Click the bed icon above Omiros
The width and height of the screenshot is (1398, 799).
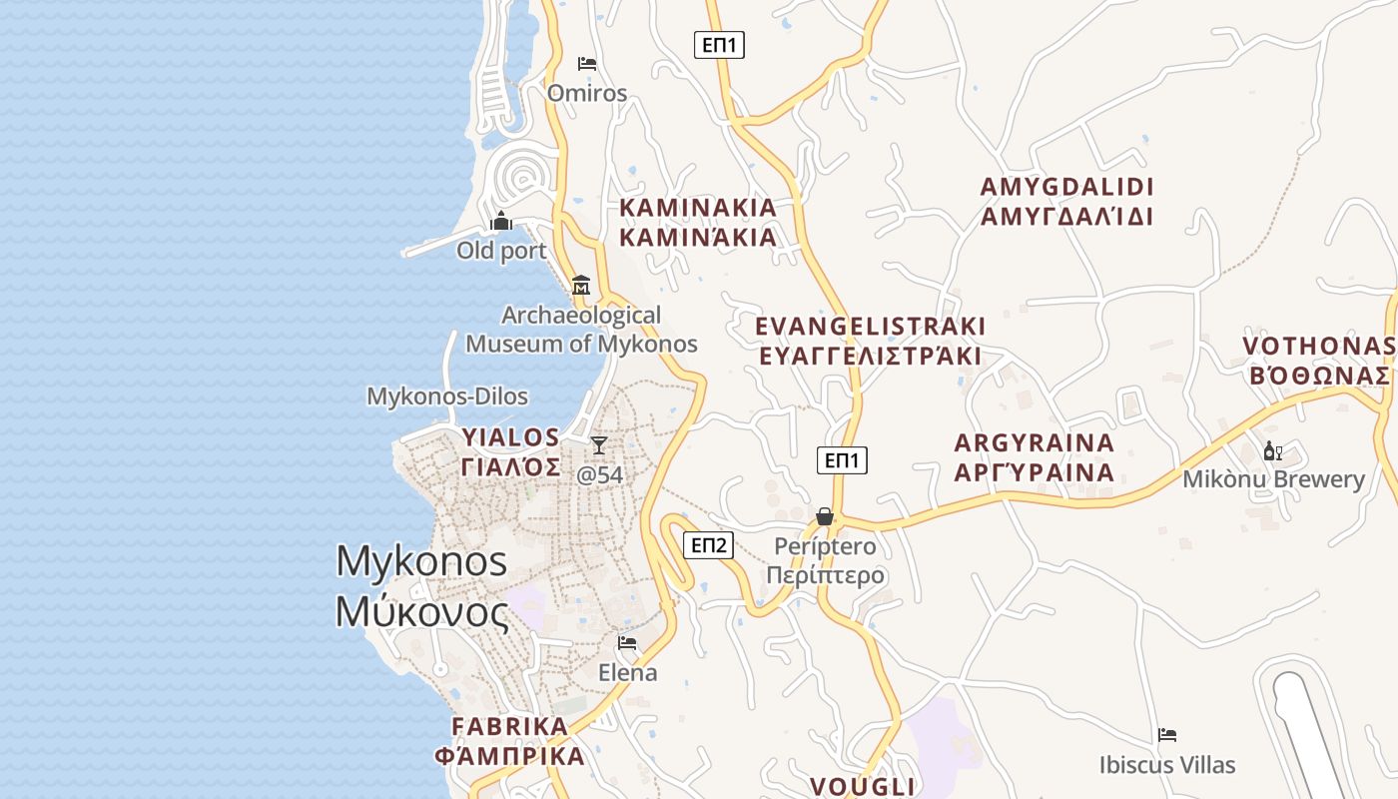(x=587, y=64)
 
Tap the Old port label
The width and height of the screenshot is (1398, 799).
(x=501, y=251)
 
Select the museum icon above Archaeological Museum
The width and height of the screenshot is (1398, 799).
(x=581, y=286)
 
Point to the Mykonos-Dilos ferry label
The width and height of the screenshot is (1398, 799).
(x=447, y=397)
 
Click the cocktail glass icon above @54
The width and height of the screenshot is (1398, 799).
(x=599, y=445)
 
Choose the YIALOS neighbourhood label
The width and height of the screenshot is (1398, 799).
(x=510, y=451)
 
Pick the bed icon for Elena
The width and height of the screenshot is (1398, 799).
(x=627, y=643)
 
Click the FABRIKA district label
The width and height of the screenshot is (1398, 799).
(x=510, y=740)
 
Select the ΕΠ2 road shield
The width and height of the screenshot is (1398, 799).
(x=708, y=545)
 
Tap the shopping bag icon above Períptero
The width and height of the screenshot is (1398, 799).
(x=825, y=516)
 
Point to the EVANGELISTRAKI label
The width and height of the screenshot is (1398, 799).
(x=870, y=341)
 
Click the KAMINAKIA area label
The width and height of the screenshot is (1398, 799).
(x=698, y=222)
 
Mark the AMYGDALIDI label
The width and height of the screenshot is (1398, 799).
(x=1066, y=202)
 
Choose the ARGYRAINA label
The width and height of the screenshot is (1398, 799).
(x=1034, y=457)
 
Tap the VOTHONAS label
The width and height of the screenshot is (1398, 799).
(x=1318, y=361)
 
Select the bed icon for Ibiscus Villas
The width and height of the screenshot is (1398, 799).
(x=1167, y=735)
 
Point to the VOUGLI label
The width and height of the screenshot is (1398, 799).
(x=862, y=786)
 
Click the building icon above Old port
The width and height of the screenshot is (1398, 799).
(x=501, y=221)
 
